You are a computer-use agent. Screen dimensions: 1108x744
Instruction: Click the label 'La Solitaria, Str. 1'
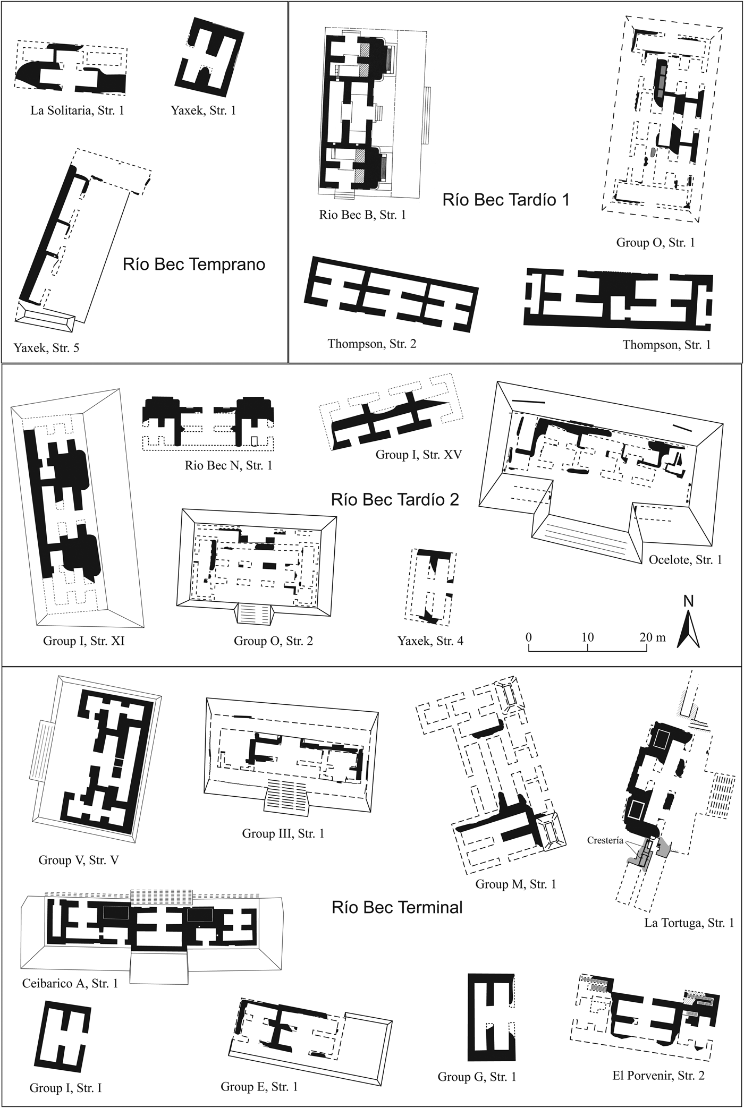coord(77,110)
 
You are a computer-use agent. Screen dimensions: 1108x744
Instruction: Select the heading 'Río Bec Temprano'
coord(194,265)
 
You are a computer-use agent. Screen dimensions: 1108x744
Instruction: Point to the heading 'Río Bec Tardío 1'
coord(506,200)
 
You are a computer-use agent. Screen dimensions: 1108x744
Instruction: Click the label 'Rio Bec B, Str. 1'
coord(362,215)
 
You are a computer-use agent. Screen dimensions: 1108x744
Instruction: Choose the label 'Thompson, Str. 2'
coord(372,344)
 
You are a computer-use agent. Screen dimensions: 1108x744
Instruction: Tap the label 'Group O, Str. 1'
coord(655,243)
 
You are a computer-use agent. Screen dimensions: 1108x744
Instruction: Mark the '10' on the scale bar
coord(587,637)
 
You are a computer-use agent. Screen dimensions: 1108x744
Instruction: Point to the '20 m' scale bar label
coord(652,637)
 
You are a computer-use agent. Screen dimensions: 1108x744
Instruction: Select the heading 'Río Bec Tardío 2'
coord(395,500)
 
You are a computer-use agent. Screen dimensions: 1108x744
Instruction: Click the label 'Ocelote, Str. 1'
coord(685,560)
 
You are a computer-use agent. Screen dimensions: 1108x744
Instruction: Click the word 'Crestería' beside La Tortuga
coord(605,841)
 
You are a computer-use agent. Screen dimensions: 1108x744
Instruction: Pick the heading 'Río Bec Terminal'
coord(397,907)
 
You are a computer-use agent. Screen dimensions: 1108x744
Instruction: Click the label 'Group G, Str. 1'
coord(477,1077)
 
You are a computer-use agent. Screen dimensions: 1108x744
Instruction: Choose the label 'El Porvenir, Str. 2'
coord(658,1076)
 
